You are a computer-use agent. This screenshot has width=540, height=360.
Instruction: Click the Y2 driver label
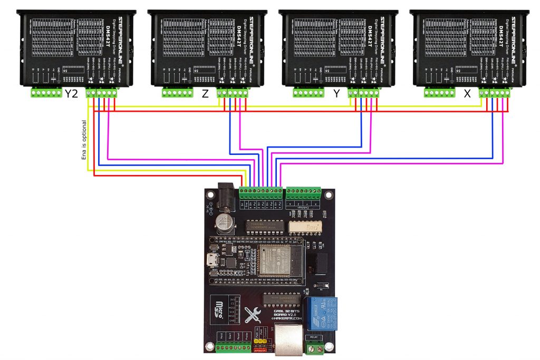coord(73,95)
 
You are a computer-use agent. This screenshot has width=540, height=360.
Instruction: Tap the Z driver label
coord(205,95)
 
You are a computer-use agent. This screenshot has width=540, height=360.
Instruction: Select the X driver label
coord(467,95)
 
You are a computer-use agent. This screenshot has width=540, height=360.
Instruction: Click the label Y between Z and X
coord(336,95)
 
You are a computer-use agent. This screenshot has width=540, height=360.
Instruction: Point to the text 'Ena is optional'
coord(83,140)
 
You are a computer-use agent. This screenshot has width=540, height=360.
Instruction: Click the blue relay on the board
coord(322,313)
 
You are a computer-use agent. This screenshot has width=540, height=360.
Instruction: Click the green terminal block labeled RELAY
coord(315,347)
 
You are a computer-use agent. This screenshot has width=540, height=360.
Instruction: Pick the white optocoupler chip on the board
coord(304,226)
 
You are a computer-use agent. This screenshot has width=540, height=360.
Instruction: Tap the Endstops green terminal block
coord(303,192)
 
